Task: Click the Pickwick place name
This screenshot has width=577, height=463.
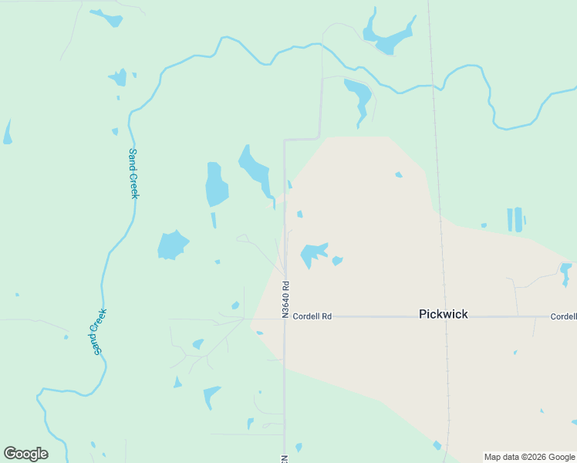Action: (x=443, y=314)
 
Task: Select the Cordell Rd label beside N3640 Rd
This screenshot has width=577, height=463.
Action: (x=312, y=316)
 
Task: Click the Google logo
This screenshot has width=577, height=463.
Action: (x=25, y=454)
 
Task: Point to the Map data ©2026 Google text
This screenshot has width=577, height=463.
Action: (x=529, y=457)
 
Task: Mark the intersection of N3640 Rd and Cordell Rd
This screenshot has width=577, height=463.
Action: (x=285, y=316)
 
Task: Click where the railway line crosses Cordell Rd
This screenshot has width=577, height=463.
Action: (x=445, y=316)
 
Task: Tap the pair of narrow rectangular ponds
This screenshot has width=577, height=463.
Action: (x=514, y=219)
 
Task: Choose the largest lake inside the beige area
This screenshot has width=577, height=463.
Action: (x=314, y=253)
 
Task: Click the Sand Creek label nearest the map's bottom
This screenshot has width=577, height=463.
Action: (x=96, y=331)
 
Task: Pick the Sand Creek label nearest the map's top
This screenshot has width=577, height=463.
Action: (x=133, y=173)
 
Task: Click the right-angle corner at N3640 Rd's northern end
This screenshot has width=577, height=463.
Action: (x=285, y=140)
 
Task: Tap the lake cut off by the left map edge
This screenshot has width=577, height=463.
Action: (x=8, y=133)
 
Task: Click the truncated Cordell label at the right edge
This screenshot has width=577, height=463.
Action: (x=564, y=316)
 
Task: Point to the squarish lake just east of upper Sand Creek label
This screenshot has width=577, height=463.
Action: (x=216, y=184)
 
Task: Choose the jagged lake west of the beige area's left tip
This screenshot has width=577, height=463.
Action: (x=172, y=245)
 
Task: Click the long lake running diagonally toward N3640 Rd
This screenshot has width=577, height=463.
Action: (x=255, y=171)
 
